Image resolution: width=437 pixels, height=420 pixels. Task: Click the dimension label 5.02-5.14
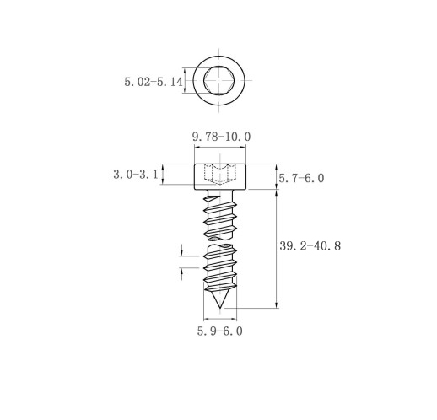tap(154, 82)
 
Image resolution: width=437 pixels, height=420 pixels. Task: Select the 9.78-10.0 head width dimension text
tap(221, 137)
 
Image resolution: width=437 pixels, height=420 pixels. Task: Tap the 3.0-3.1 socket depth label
tap(136, 175)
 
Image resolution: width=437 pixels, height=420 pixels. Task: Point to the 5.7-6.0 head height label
tap(301, 178)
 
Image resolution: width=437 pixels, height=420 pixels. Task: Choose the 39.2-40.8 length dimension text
tap(310, 246)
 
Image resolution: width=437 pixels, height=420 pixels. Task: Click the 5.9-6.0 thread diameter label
tap(219, 331)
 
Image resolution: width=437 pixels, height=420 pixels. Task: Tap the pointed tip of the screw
tap(220, 308)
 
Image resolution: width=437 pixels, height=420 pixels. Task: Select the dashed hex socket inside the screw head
tap(219, 174)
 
